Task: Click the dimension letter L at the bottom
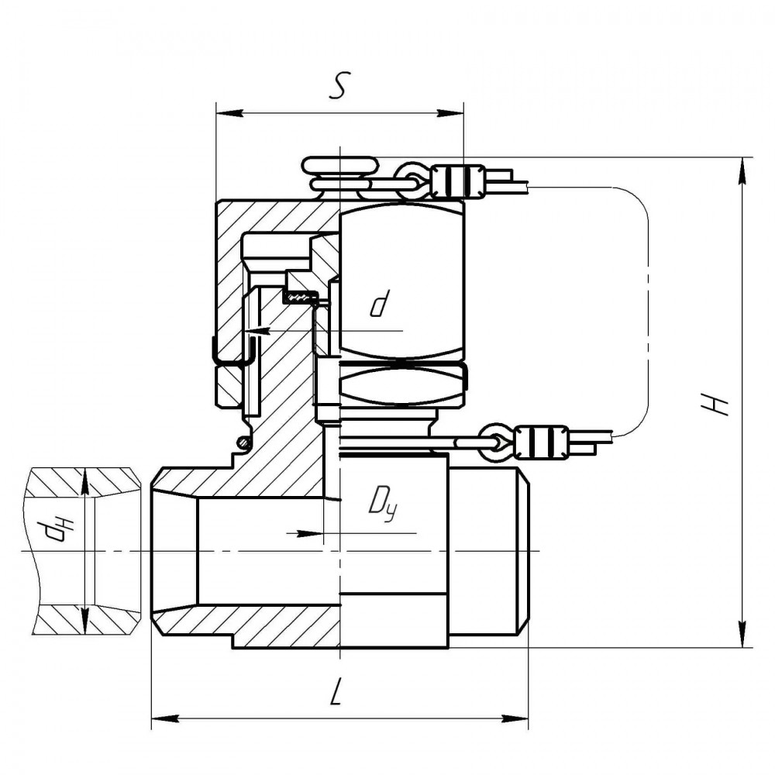(x=335, y=692)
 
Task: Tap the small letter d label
(x=377, y=305)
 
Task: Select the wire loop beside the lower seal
(x=496, y=441)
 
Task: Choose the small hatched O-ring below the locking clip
(x=243, y=442)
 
